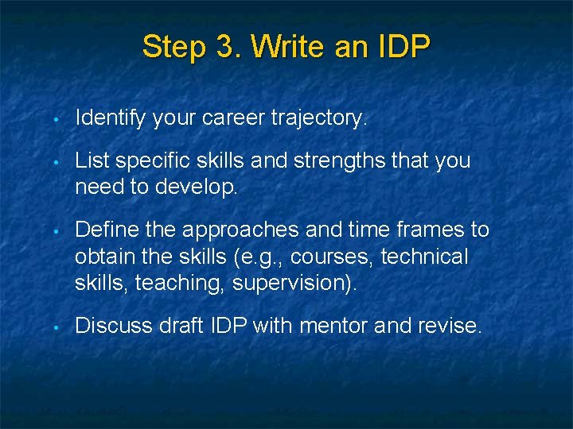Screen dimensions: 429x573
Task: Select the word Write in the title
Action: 287,47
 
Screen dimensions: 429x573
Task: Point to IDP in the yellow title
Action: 400,47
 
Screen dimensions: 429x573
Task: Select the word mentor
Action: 324,327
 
